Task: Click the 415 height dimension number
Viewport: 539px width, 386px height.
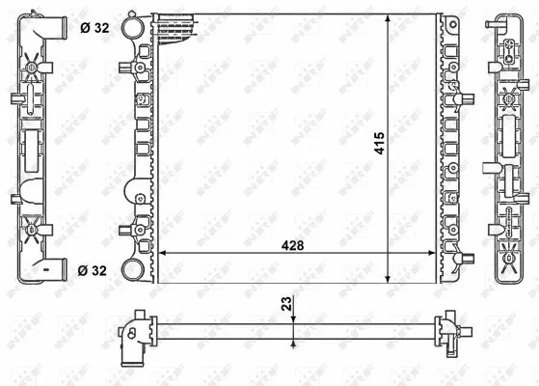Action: pyautogui.click(x=380, y=142)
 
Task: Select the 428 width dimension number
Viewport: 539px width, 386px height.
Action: pyautogui.click(x=293, y=245)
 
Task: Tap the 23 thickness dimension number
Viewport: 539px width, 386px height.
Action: pyautogui.click(x=285, y=303)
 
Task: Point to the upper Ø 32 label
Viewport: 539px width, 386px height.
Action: pyautogui.click(x=94, y=27)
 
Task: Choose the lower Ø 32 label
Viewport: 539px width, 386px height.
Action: pyautogui.click(x=94, y=269)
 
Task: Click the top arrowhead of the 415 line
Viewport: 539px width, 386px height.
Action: pyautogui.click(x=389, y=18)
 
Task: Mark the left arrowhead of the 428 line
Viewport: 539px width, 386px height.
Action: pyautogui.click(x=161, y=253)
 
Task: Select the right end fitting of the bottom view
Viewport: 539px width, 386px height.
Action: pyautogui.click(x=451, y=332)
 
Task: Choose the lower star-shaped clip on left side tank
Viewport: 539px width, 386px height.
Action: pyautogui.click(x=32, y=230)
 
